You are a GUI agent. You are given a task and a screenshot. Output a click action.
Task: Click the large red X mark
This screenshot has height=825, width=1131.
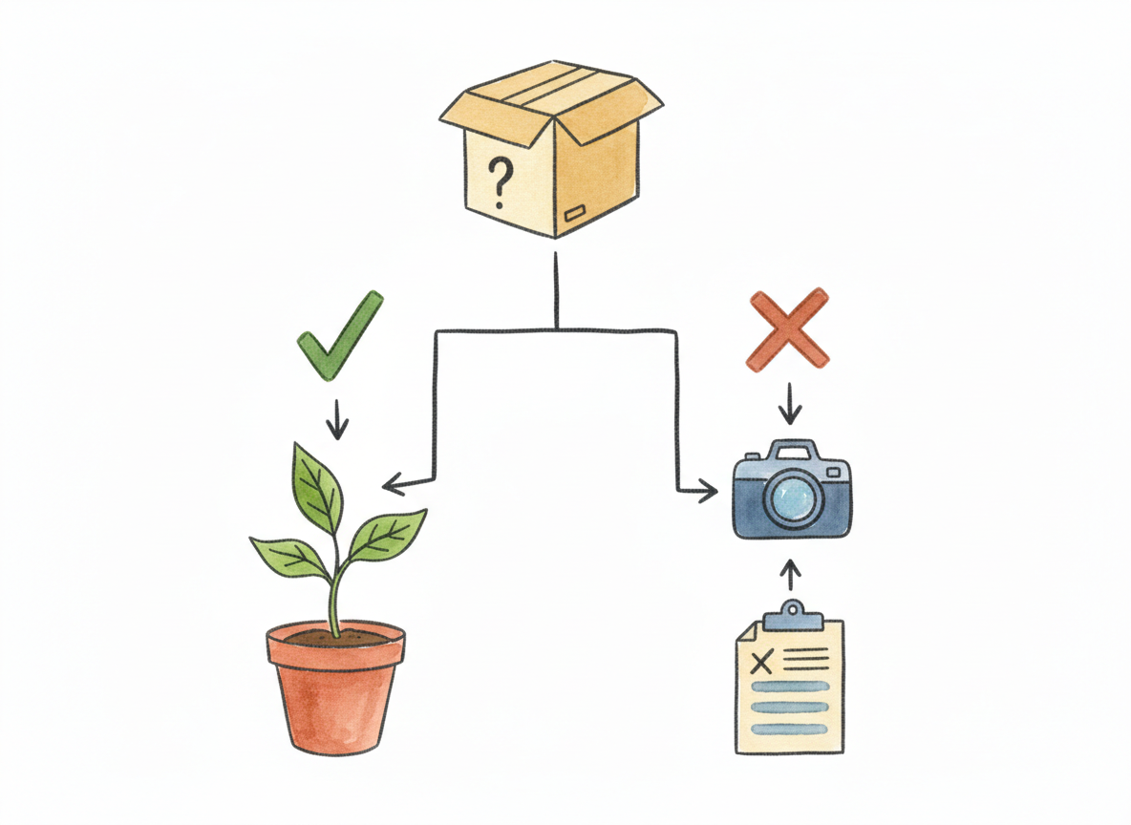[x=787, y=328]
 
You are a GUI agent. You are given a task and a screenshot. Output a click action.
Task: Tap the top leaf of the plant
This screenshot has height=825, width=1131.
[x=317, y=487]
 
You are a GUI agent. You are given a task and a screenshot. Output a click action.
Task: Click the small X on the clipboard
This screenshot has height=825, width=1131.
[x=761, y=661]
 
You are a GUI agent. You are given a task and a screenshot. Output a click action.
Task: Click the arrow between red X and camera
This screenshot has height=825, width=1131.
[x=789, y=404]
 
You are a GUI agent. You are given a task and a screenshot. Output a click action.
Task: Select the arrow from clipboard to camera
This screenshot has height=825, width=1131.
[x=789, y=577]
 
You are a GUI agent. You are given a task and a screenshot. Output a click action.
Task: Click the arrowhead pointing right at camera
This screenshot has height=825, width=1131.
[x=708, y=492]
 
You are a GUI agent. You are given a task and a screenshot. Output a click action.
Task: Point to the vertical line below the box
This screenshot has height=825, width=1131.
[x=555, y=291]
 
